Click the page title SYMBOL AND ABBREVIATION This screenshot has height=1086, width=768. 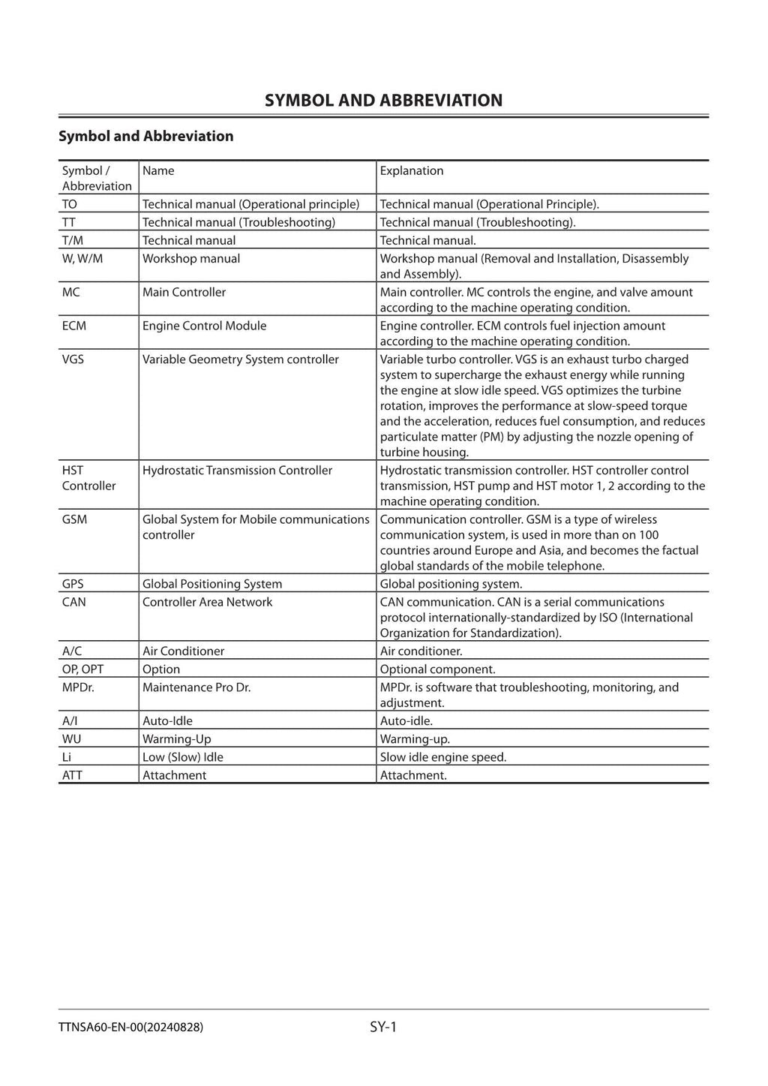[x=383, y=101]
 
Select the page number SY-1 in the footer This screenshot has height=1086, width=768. [x=383, y=1027]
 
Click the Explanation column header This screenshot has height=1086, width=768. [x=412, y=171]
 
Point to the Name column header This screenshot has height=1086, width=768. [x=158, y=171]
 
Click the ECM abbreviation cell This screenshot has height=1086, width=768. [x=74, y=326]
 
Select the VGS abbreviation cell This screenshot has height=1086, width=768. [x=73, y=359]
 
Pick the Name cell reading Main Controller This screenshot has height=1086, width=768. [x=184, y=293]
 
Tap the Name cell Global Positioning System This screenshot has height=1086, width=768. [x=212, y=584]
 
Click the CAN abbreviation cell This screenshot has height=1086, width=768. [x=73, y=602]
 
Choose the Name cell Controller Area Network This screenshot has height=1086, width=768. [x=207, y=602]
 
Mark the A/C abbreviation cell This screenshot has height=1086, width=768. [x=72, y=651]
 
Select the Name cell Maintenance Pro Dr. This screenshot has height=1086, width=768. [x=196, y=687]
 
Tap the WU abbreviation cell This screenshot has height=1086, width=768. [x=71, y=739]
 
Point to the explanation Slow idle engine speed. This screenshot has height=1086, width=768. [x=442, y=757]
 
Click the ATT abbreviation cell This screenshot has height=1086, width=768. [x=72, y=775]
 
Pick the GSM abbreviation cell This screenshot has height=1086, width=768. [x=74, y=519]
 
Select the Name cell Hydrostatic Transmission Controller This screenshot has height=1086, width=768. [x=237, y=471]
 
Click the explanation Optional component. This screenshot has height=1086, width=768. [x=437, y=669]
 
